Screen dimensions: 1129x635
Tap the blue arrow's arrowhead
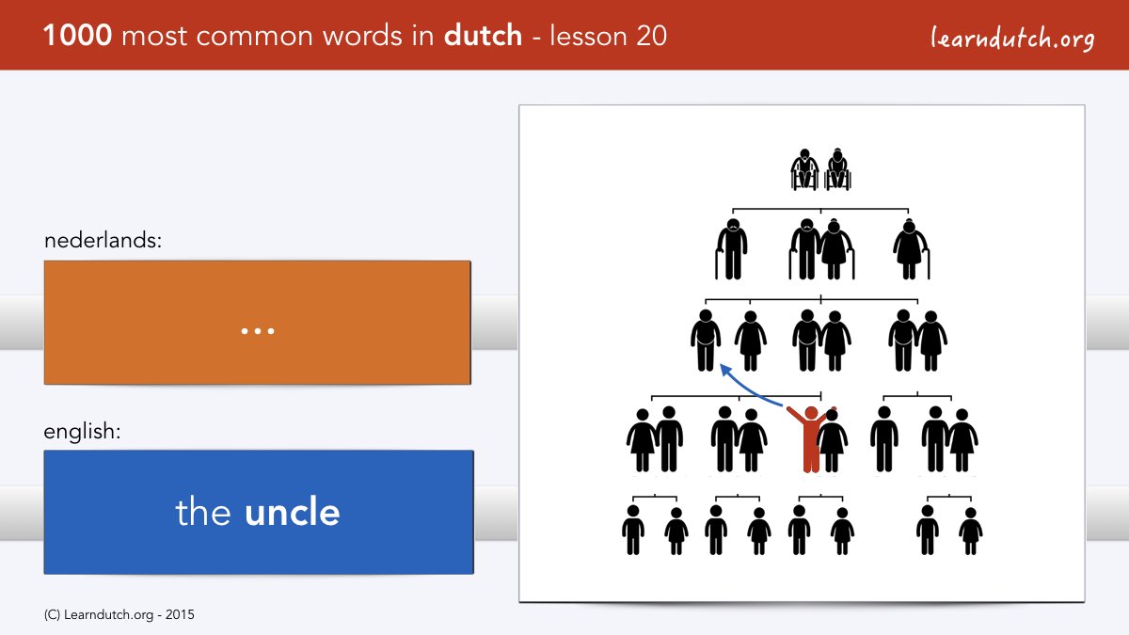(726, 370)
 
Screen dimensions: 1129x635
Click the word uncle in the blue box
(293, 512)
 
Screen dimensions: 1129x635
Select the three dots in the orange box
(258, 331)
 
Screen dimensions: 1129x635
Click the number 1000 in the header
(77, 36)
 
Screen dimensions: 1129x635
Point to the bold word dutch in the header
(483, 36)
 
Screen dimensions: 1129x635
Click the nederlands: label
(103, 241)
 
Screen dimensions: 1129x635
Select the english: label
(82, 432)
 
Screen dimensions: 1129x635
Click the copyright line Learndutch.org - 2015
(119, 615)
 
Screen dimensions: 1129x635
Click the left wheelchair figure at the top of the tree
(804, 169)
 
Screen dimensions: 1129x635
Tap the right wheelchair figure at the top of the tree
(837, 169)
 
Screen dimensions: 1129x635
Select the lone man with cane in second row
(731, 249)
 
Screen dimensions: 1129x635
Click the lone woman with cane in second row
(911, 249)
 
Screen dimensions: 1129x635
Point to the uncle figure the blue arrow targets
(706, 341)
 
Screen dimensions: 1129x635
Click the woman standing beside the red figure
(832, 441)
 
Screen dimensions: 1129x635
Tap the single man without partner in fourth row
(884, 439)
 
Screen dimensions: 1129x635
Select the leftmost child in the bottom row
(633, 530)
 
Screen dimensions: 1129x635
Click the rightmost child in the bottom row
(971, 532)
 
